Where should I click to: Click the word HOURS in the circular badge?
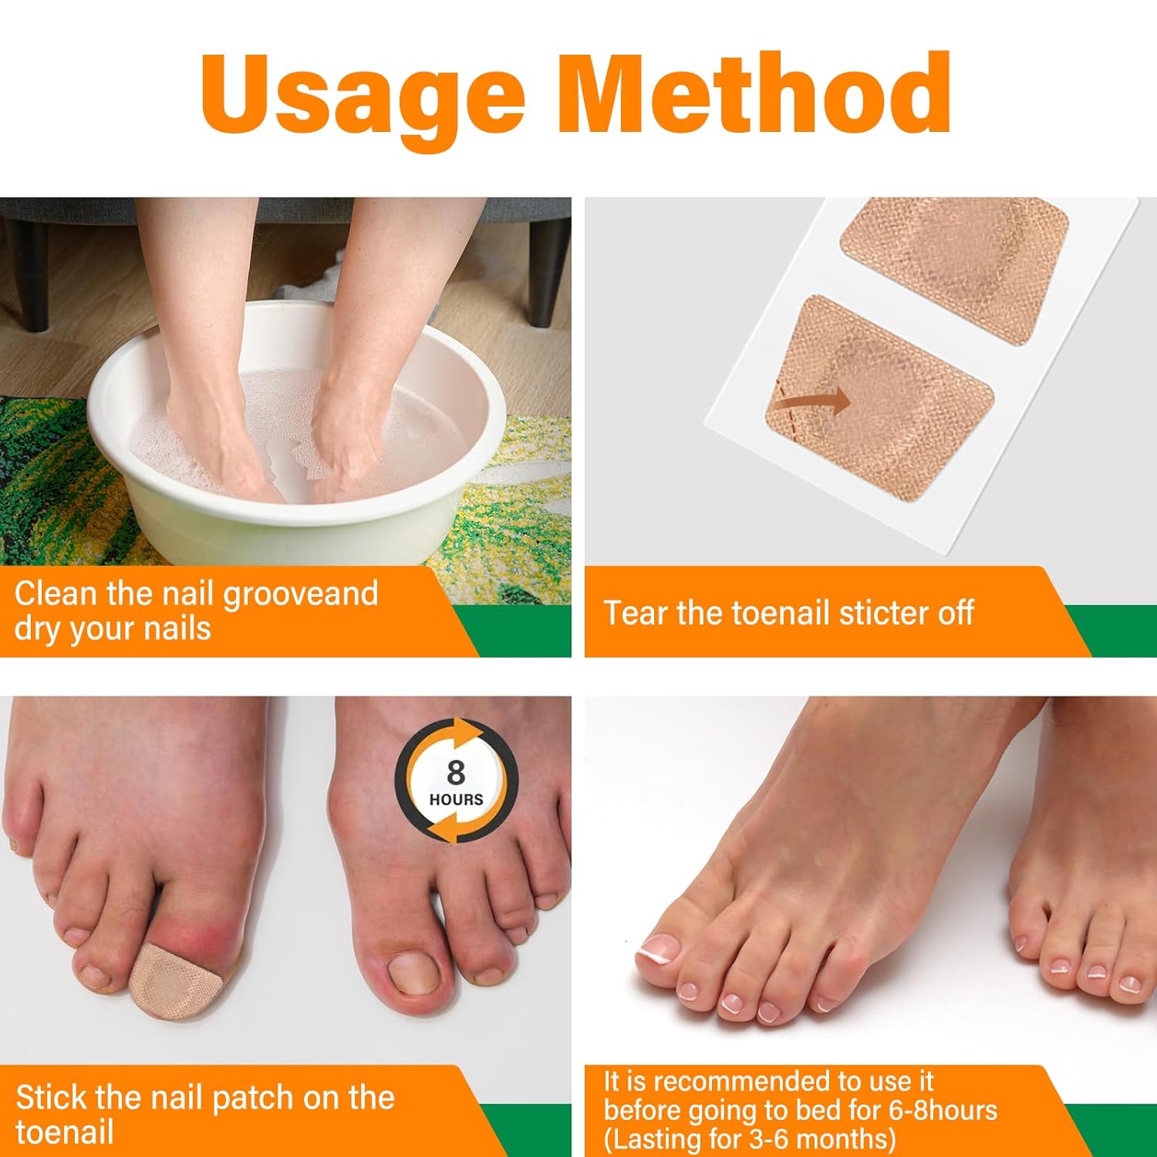click(456, 800)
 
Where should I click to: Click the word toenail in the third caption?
click(64, 1132)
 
